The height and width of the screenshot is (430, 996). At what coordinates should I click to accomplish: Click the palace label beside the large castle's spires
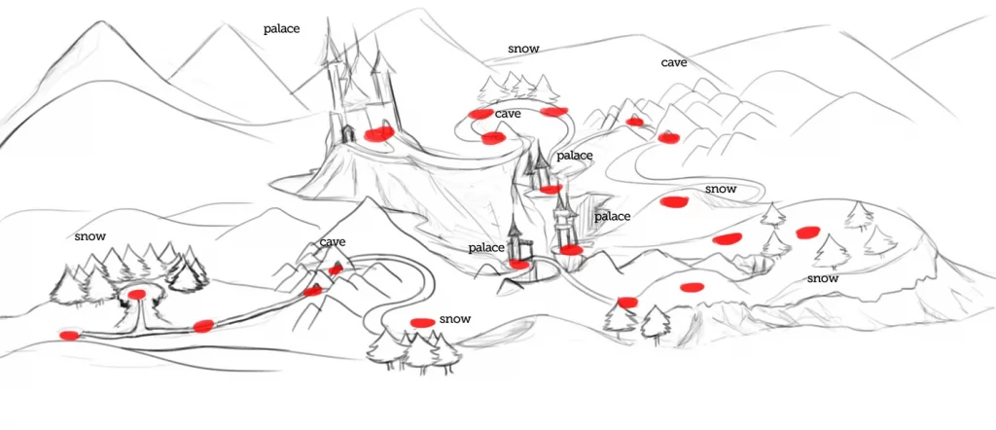click(x=281, y=29)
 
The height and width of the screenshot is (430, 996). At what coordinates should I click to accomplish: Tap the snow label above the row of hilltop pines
click(x=522, y=48)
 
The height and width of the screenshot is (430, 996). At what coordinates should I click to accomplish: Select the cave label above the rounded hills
click(x=674, y=62)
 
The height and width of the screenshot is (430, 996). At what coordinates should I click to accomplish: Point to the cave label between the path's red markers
click(x=508, y=114)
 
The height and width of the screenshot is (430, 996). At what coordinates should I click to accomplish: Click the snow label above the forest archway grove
click(x=90, y=236)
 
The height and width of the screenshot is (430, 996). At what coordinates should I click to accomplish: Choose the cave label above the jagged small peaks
click(x=333, y=242)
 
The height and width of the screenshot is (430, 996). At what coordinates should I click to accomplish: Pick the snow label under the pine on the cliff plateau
click(x=822, y=278)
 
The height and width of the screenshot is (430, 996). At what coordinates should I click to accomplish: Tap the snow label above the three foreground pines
click(x=454, y=319)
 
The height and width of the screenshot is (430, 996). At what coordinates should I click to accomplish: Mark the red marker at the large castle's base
click(x=378, y=133)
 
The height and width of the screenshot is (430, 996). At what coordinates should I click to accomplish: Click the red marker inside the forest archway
click(x=137, y=294)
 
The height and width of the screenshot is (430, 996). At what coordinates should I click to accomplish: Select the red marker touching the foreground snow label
click(x=422, y=322)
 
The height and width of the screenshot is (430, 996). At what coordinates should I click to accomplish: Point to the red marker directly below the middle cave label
click(x=493, y=137)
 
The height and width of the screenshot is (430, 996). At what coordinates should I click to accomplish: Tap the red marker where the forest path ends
click(x=68, y=336)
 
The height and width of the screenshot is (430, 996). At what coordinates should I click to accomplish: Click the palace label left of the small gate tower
click(x=485, y=248)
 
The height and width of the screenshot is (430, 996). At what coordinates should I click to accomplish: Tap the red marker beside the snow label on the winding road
click(x=673, y=201)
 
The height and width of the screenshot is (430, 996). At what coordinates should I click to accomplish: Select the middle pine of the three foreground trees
click(x=419, y=352)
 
